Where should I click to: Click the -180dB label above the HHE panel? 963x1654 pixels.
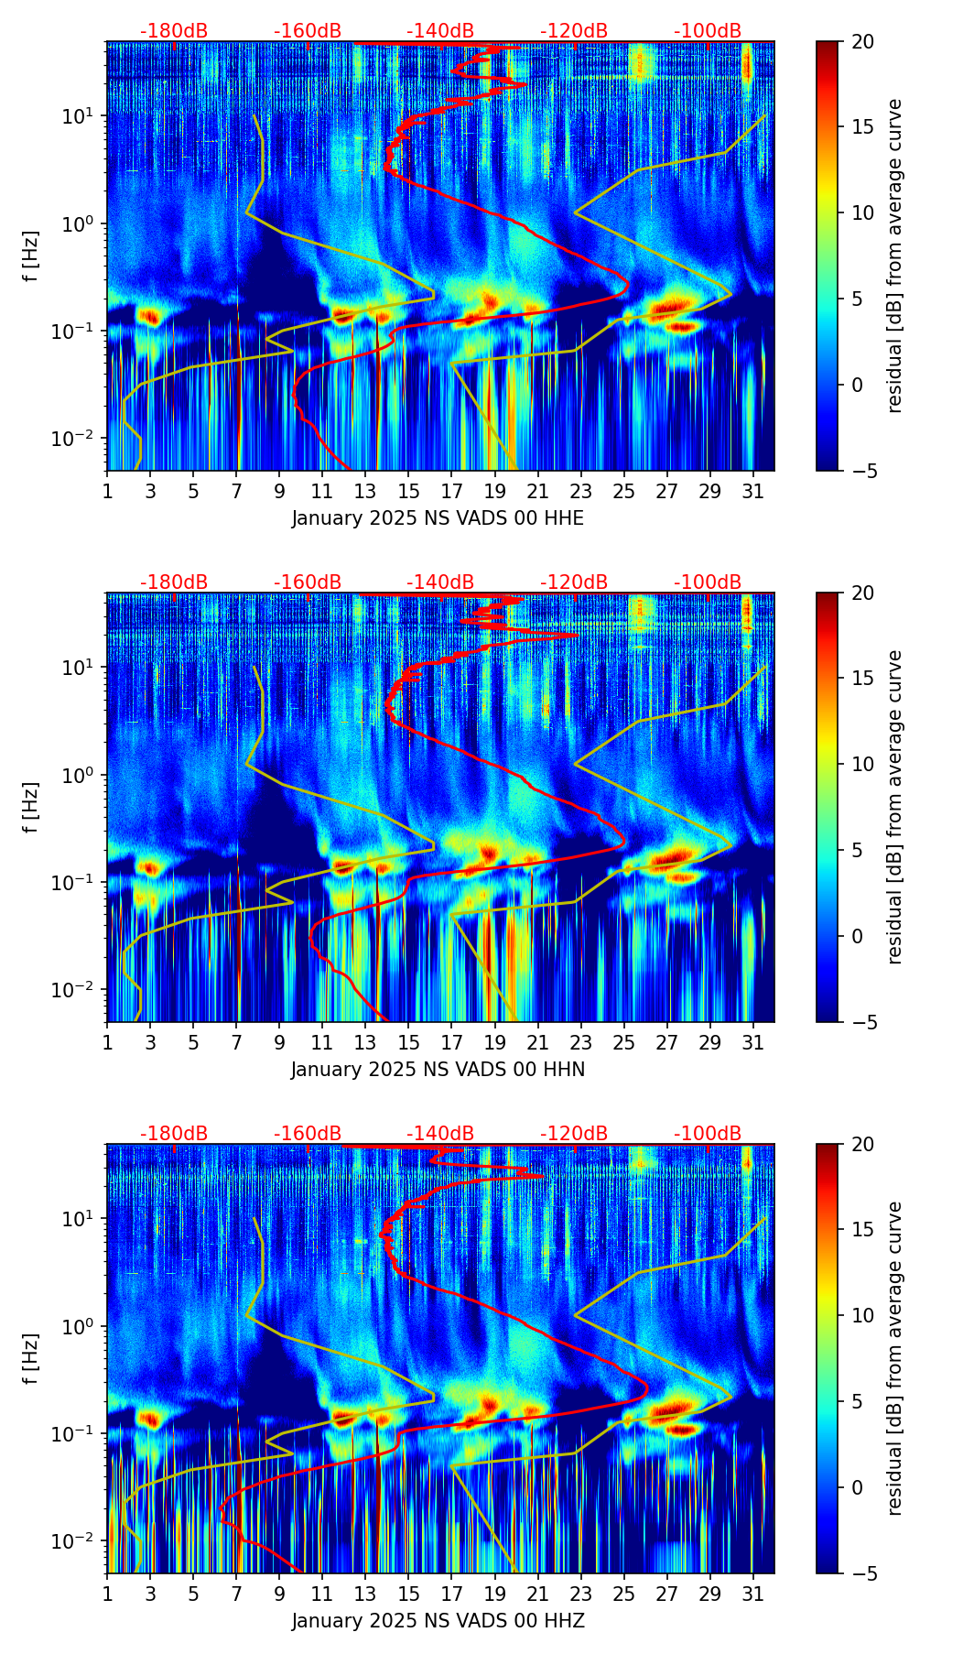click(174, 31)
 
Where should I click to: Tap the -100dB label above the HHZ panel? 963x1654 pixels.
click(708, 1134)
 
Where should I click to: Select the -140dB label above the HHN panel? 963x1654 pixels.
click(440, 582)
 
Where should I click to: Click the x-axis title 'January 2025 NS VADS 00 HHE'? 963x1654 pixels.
click(438, 518)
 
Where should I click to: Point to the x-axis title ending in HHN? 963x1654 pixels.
click(438, 1070)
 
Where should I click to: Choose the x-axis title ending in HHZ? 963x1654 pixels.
click(438, 1621)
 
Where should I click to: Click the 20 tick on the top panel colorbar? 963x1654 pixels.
click(861, 41)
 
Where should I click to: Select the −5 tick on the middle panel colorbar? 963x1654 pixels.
click(861, 1022)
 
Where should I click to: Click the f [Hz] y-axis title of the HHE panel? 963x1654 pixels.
click(31, 256)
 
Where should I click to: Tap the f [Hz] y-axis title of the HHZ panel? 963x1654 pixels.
click(31, 1359)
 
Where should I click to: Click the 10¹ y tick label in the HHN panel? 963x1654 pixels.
click(81, 667)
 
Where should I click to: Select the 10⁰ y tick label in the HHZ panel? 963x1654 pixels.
click(81, 1326)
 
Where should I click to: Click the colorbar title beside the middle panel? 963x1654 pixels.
click(896, 807)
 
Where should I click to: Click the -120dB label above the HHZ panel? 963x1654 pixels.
click(574, 1134)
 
